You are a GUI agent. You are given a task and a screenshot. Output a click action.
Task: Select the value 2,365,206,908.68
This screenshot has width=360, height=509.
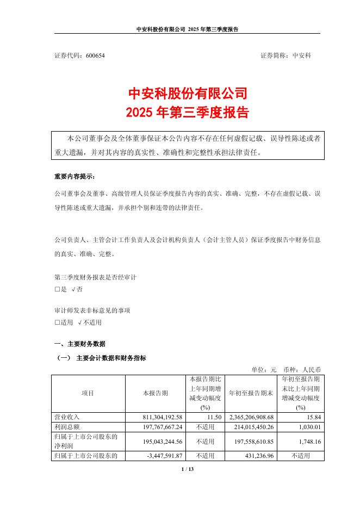(x=251, y=416)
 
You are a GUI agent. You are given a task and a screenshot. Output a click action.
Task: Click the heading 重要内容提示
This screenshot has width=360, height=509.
(x=74, y=177)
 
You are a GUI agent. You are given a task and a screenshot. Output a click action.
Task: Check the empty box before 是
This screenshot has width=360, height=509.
(x=57, y=289)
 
